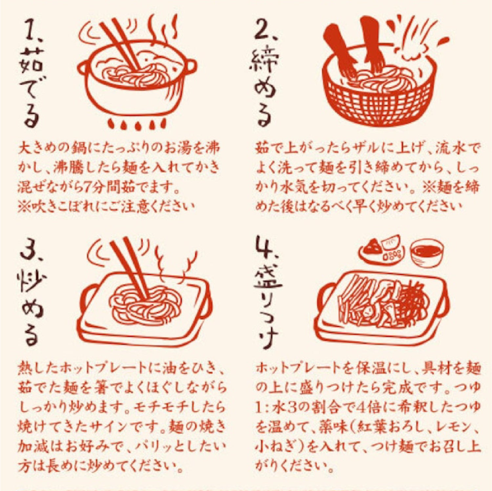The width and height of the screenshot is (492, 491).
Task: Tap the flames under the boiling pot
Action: (137, 124)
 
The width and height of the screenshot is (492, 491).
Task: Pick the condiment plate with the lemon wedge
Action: (382, 251)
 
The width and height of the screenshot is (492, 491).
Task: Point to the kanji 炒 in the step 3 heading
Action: (31, 283)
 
